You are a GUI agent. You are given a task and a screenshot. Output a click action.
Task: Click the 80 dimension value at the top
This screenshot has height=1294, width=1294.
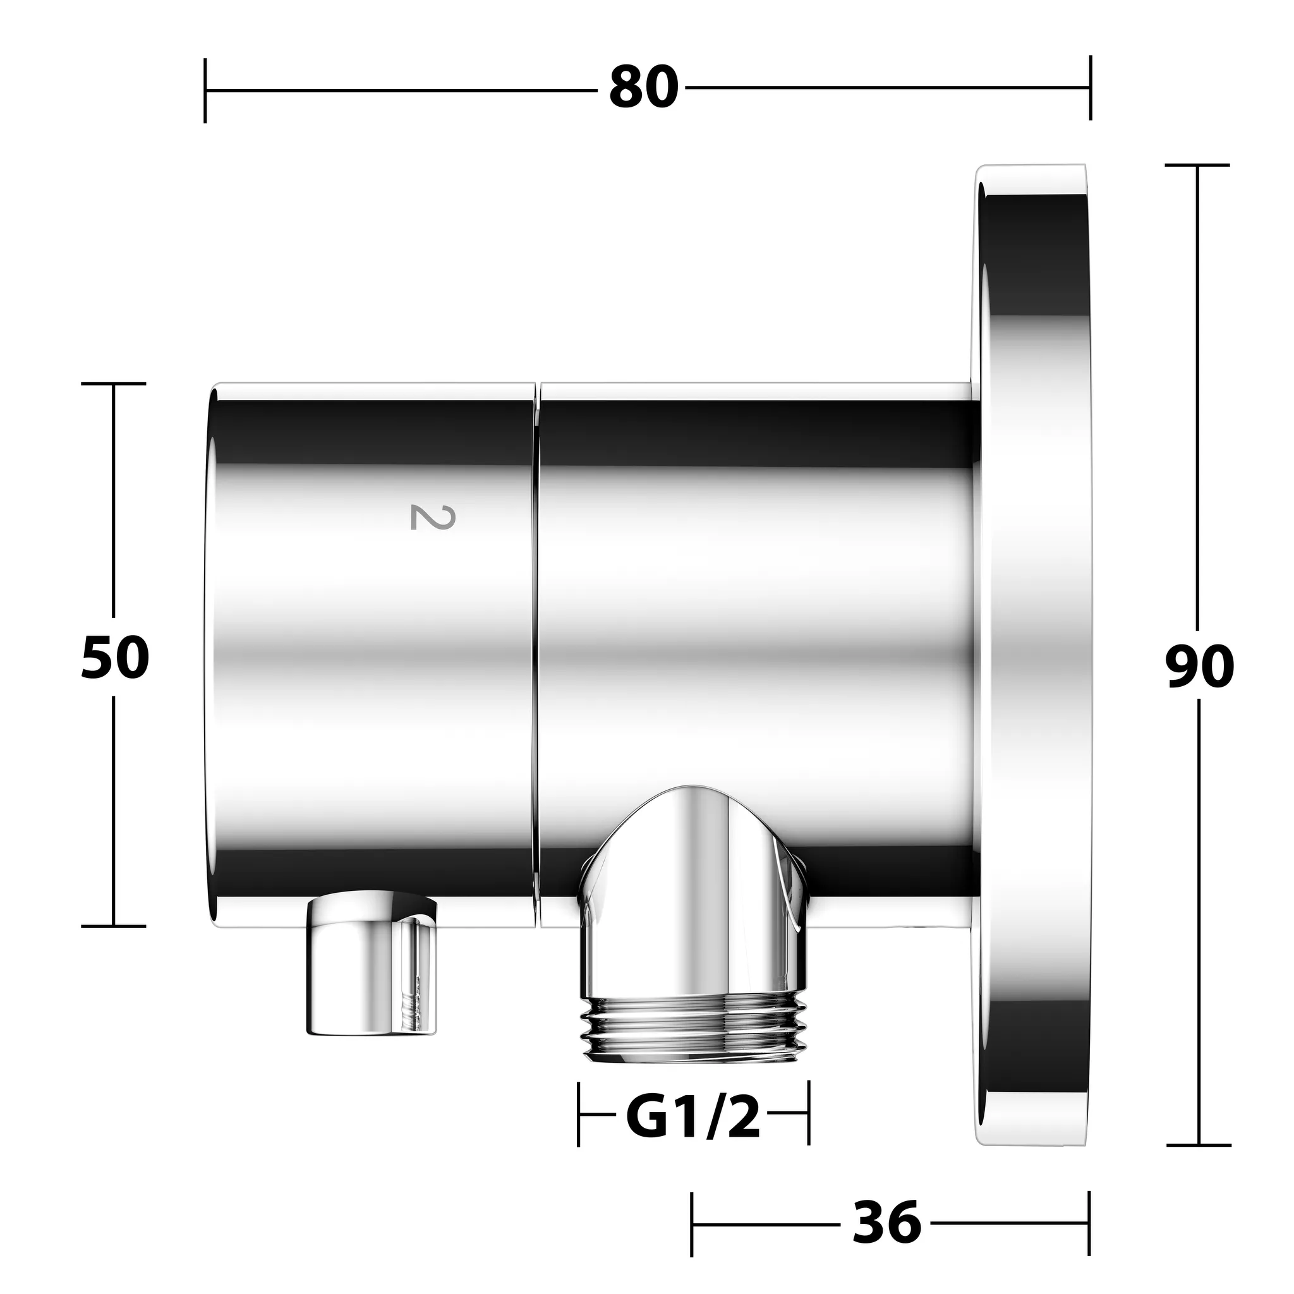(644, 88)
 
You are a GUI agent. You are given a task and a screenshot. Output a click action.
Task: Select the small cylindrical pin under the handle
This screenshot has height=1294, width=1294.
(372, 962)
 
